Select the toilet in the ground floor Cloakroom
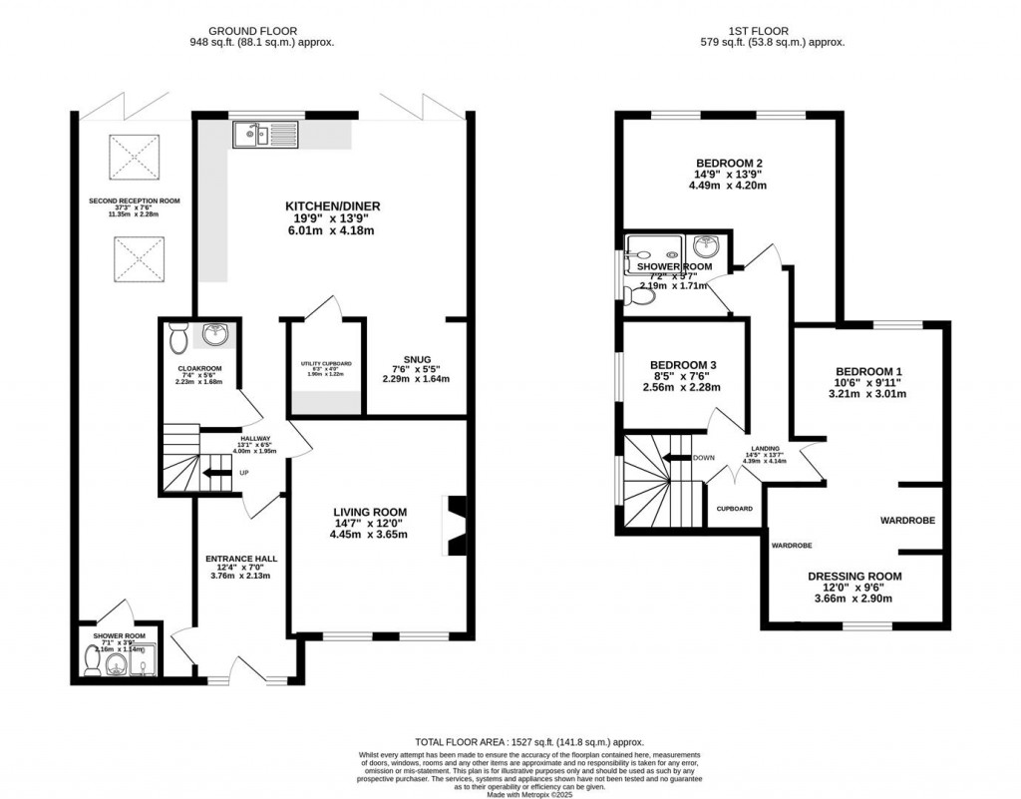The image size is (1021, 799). pyautogui.click(x=178, y=338)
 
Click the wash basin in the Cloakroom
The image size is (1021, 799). pyautogui.click(x=213, y=334)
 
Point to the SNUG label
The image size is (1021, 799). pyautogui.click(x=416, y=359)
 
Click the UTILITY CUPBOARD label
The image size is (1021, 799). pyautogui.click(x=325, y=363)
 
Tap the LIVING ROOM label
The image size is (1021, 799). pyautogui.click(x=370, y=512)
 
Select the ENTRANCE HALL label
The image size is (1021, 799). pyautogui.click(x=241, y=559)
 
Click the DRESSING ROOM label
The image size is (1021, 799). pyautogui.click(x=853, y=576)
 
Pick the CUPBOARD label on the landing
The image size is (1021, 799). pyautogui.click(x=735, y=508)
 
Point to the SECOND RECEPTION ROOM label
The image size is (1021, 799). pyautogui.click(x=127, y=200)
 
